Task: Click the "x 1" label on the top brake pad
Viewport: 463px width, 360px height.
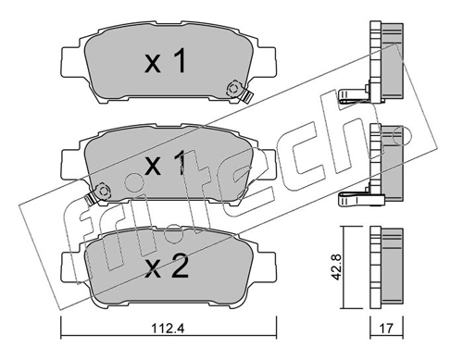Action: pyautogui.click(x=166, y=63)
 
